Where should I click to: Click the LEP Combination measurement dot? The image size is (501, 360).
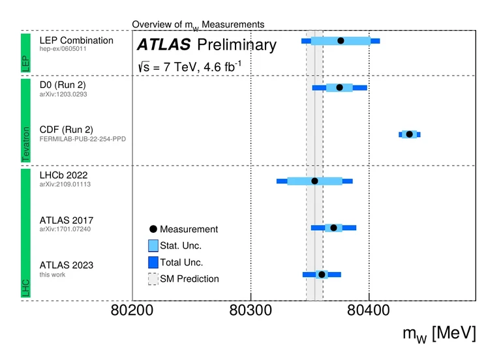point(341,41)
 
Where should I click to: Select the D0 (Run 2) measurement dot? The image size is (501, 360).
point(339,87)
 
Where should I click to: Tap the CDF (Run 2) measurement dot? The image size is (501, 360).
point(410,134)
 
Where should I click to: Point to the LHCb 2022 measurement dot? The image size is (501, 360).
point(314,181)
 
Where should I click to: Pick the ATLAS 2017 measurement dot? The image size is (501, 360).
point(333,228)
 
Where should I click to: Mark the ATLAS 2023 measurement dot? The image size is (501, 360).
point(322,275)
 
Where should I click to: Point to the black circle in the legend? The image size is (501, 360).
point(153,229)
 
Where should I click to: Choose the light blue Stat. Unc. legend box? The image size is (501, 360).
point(153,246)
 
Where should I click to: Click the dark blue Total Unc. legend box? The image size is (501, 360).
point(153,262)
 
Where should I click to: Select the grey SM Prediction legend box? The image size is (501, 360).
point(153,278)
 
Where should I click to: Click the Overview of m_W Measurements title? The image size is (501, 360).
point(198,25)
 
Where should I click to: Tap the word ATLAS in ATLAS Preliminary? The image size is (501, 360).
point(164,45)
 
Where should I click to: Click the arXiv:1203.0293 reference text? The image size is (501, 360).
point(63,95)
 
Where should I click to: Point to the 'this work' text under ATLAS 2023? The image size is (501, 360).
point(53,275)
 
